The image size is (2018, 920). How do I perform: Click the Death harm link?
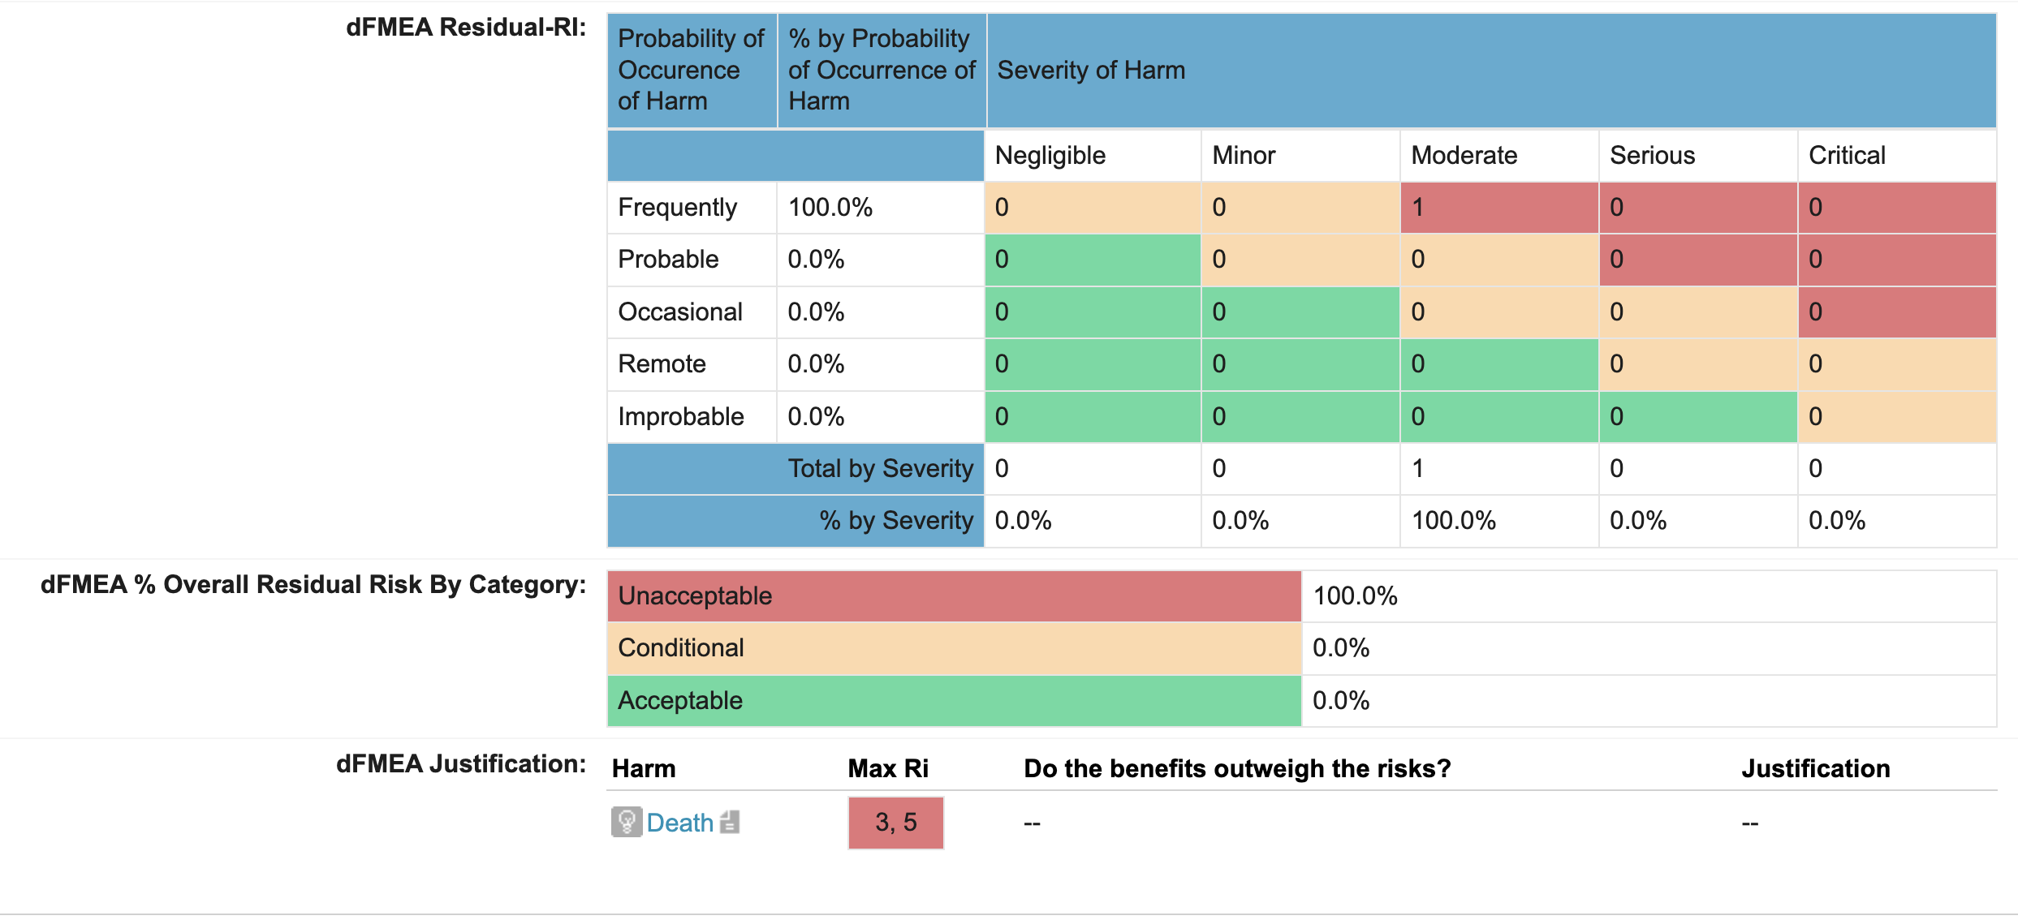[x=679, y=823]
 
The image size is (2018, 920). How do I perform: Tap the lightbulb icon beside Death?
[x=626, y=822]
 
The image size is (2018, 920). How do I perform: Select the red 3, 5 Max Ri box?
[x=895, y=823]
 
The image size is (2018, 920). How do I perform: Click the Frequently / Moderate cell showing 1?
[x=1498, y=208]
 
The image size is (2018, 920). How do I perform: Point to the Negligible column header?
[x=1050, y=155]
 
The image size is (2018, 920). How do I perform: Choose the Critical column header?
[x=1847, y=155]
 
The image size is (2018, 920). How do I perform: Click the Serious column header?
[x=1652, y=155]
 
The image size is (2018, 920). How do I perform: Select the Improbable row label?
[x=680, y=416]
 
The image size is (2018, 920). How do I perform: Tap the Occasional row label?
[x=679, y=312]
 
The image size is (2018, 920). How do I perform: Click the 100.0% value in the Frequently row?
[x=830, y=208]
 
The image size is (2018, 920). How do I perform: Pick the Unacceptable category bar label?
[x=695, y=595]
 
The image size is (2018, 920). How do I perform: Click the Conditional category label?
[x=680, y=647]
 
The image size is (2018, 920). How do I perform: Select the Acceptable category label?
[x=679, y=700]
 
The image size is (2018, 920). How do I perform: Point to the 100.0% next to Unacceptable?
[x=1355, y=595]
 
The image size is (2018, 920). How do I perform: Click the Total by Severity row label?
[x=880, y=468]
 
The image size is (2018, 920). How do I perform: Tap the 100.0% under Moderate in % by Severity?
[x=1453, y=520]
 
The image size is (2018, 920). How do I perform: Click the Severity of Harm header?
[x=1090, y=71]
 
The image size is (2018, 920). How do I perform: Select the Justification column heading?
[x=1815, y=768]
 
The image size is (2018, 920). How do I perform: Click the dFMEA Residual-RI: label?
[x=465, y=28]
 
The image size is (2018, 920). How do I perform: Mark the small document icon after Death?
[x=730, y=822]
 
